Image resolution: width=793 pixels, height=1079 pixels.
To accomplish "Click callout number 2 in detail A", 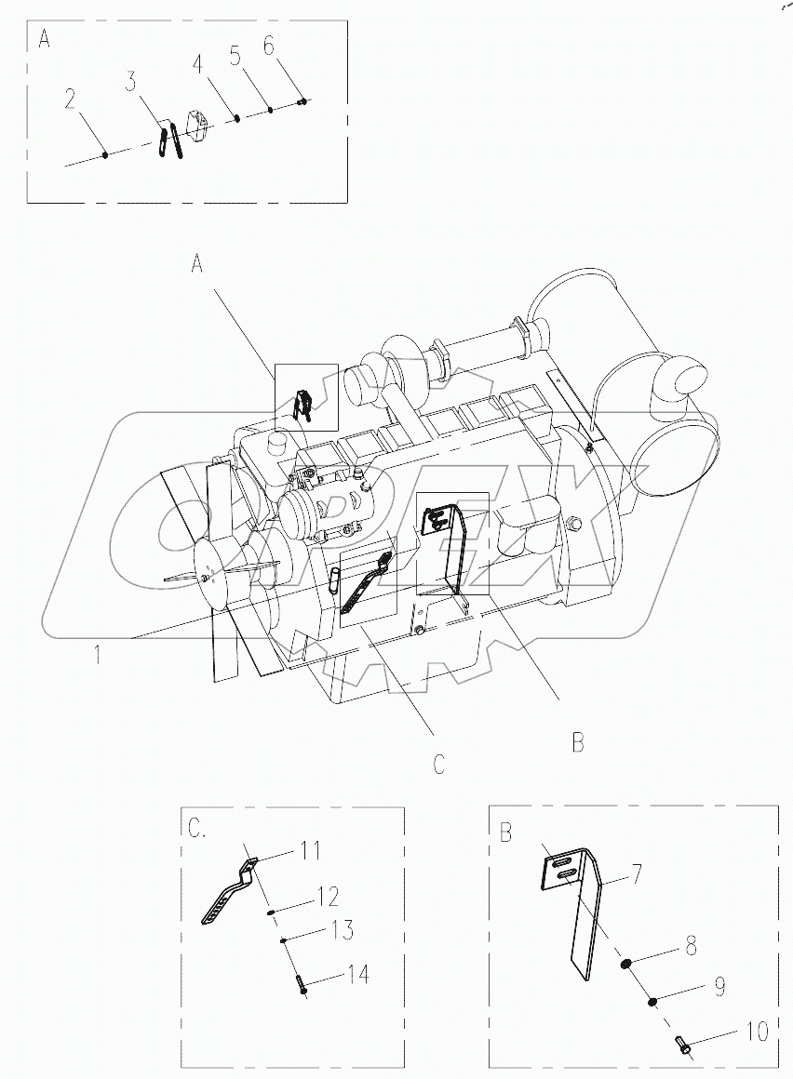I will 70,98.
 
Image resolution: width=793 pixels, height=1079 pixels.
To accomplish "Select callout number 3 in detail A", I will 133,83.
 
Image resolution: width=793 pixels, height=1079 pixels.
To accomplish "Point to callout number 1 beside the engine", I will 97,656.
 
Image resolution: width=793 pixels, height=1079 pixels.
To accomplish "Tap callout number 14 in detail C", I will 358,974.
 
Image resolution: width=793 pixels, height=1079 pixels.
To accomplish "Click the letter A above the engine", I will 197,265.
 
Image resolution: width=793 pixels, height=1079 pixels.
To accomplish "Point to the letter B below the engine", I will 577,741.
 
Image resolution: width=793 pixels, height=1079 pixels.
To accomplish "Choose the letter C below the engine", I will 438,765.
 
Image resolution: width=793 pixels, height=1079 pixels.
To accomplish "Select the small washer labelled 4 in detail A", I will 238,118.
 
